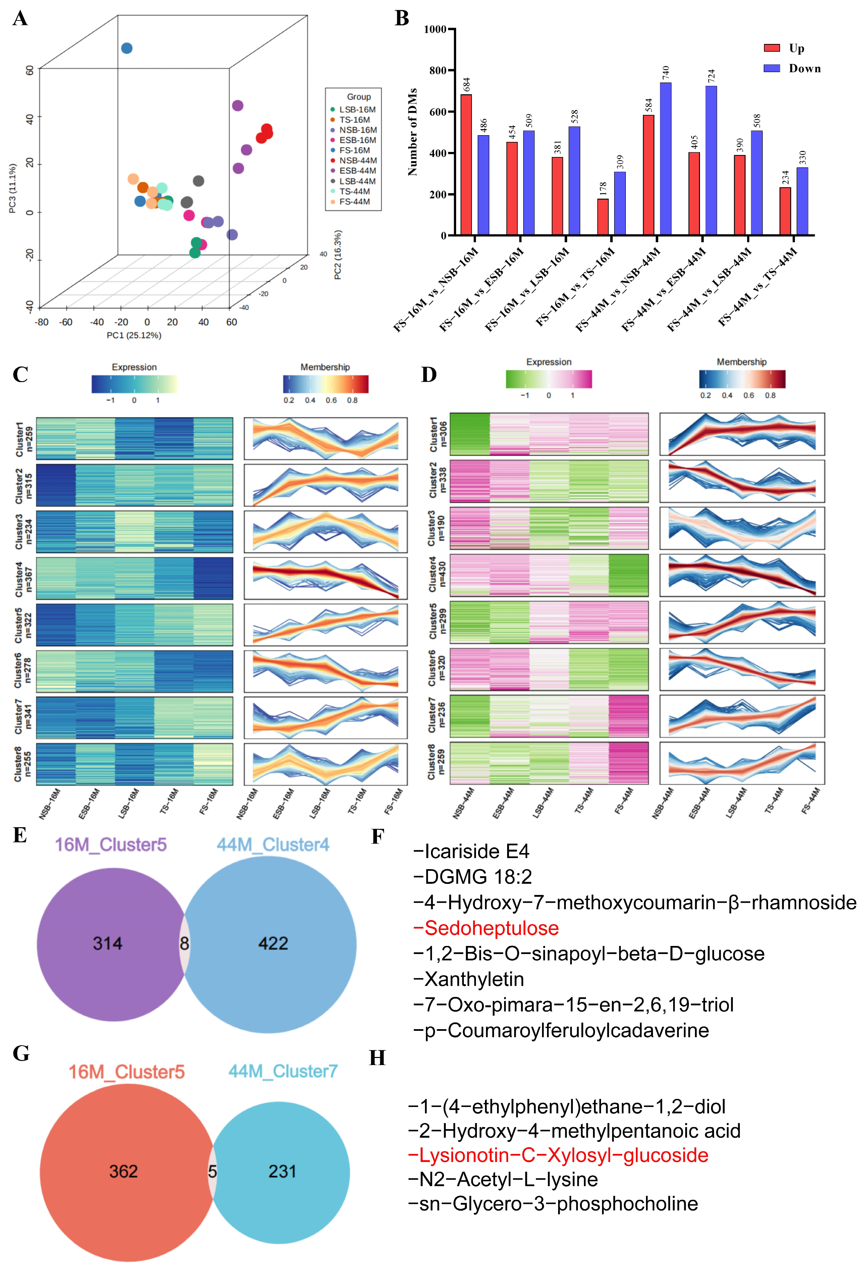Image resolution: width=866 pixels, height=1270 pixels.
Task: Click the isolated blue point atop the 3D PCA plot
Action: [x=127, y=48]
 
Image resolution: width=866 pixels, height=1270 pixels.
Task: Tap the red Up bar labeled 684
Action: [x=466, y=164]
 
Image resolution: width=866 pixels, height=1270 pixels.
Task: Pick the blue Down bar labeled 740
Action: [x=665, y=158]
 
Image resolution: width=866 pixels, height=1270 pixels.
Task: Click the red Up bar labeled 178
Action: [x=603, y=217]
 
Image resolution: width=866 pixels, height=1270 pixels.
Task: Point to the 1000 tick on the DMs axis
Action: [x=435, y=29]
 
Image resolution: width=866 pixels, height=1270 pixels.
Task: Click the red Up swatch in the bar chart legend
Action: [x=771, y=48]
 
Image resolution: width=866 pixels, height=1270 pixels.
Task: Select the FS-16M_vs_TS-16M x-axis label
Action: [x=575, y=287]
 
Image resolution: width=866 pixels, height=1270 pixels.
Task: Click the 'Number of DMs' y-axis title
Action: [x=413, y=132]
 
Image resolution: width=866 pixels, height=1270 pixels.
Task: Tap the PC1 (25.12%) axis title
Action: [x=134, y=335]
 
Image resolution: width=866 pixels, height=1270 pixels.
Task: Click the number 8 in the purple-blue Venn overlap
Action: [x=185, y=943]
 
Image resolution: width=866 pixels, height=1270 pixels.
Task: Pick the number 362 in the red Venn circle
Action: [x=123, y=1171]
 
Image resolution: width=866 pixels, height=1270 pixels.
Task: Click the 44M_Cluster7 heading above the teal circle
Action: [x=282, y=1071]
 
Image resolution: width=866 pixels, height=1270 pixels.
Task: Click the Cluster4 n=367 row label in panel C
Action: [x=23, y=578]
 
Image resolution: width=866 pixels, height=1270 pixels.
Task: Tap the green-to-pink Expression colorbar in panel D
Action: [x=549, y=379]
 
